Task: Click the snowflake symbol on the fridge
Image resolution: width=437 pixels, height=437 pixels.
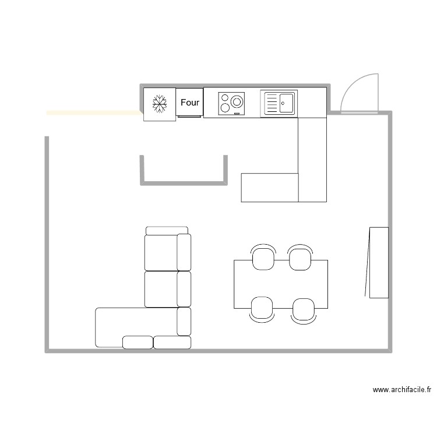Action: (159, 104)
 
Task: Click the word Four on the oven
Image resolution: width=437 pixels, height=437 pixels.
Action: (190, 103)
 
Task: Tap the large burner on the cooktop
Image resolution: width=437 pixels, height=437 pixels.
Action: (237, 101)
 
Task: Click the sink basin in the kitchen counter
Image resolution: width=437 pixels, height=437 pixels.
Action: (286, 104)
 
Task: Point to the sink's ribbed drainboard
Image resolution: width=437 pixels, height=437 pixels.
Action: (272, 104)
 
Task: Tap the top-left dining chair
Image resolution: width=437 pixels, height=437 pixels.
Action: (263, 257)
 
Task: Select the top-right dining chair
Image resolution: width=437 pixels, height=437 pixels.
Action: (300, 257)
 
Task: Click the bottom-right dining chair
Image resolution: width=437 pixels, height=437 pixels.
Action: (303, 310)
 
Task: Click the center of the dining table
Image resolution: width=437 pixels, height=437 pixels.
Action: (280, 284)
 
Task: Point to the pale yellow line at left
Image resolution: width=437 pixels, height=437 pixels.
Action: (93, 112)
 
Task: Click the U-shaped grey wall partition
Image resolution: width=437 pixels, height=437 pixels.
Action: (182, 182)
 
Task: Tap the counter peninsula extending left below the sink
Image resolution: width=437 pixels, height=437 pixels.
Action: (270, 187)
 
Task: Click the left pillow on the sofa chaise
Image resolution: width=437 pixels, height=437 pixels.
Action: (138, 342)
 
